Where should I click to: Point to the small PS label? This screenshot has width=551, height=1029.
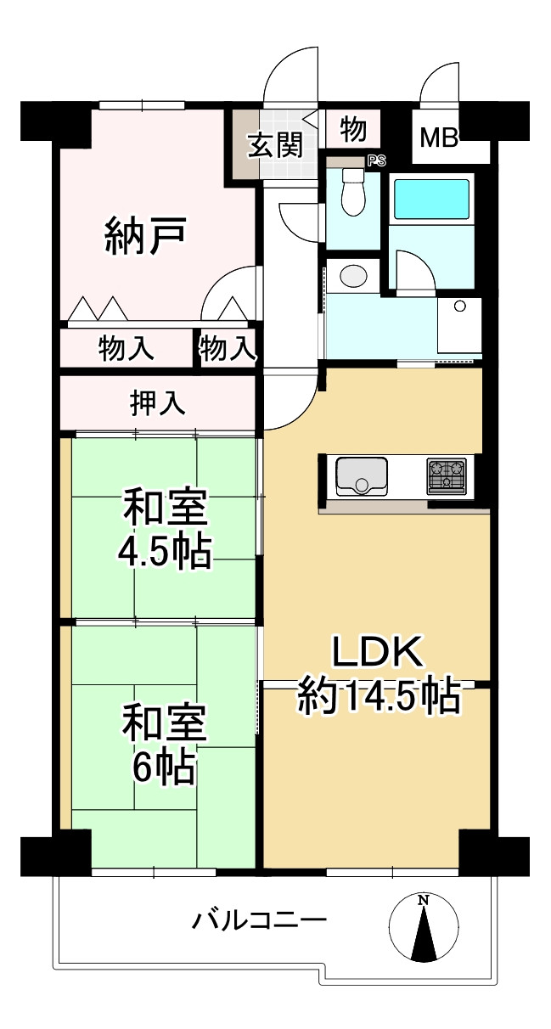point(374,159)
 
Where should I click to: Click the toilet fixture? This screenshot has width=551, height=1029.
point(351,194)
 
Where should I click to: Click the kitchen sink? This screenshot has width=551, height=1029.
point(362,475)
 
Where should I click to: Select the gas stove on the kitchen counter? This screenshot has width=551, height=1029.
point(446,476)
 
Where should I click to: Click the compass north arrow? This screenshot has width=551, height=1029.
point(423,930)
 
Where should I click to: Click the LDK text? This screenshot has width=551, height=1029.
point(376,654)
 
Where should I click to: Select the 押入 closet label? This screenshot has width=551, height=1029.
point(157,403)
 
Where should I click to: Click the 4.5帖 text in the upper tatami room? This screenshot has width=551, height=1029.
point(165,552)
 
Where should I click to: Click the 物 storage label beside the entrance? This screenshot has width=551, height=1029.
point(353,130)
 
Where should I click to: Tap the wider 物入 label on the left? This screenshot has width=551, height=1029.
point(127,348)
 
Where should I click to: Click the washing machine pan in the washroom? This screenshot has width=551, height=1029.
point(459,327)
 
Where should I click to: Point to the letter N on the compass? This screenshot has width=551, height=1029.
point(423,900)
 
